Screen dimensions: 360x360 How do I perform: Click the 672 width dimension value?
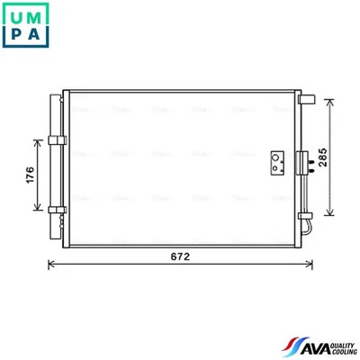181,256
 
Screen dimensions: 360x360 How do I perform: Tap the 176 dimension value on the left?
30,175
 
